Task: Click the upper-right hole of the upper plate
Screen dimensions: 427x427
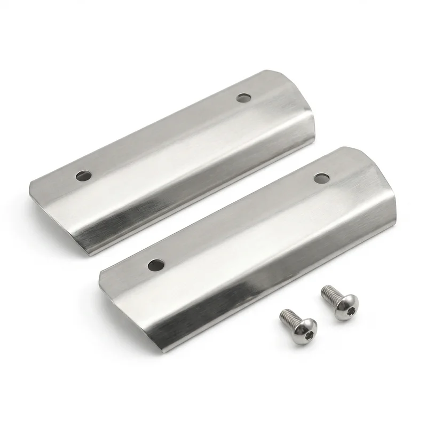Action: tap(243, 98)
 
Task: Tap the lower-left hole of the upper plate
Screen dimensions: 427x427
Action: tap(83, 175)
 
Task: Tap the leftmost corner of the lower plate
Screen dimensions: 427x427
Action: tap(99, 273)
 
